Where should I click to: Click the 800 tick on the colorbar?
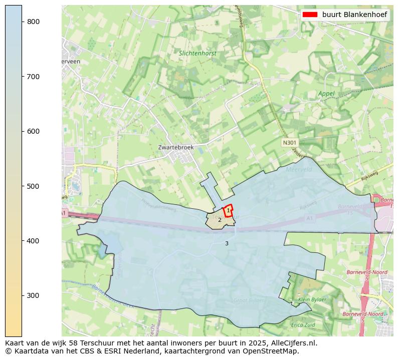(22, 22)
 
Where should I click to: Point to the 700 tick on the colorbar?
(22, 77)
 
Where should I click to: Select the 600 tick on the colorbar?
(22, 131)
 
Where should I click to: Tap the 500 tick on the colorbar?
(22, 186)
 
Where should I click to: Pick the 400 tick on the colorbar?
(22, 241)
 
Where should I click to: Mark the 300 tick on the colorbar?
(22, 295)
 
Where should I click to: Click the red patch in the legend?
(310, 15)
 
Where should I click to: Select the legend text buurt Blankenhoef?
(354, 15)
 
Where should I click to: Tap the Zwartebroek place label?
(175, 148)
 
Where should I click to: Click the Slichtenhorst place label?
(197, 53)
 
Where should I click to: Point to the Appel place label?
(326, 94)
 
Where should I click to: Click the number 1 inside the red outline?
(228, 211)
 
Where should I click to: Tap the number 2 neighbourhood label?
(220, 220)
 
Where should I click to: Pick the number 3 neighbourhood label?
(227, 243)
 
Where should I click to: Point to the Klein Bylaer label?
(312, 299)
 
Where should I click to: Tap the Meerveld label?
(299, 170)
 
